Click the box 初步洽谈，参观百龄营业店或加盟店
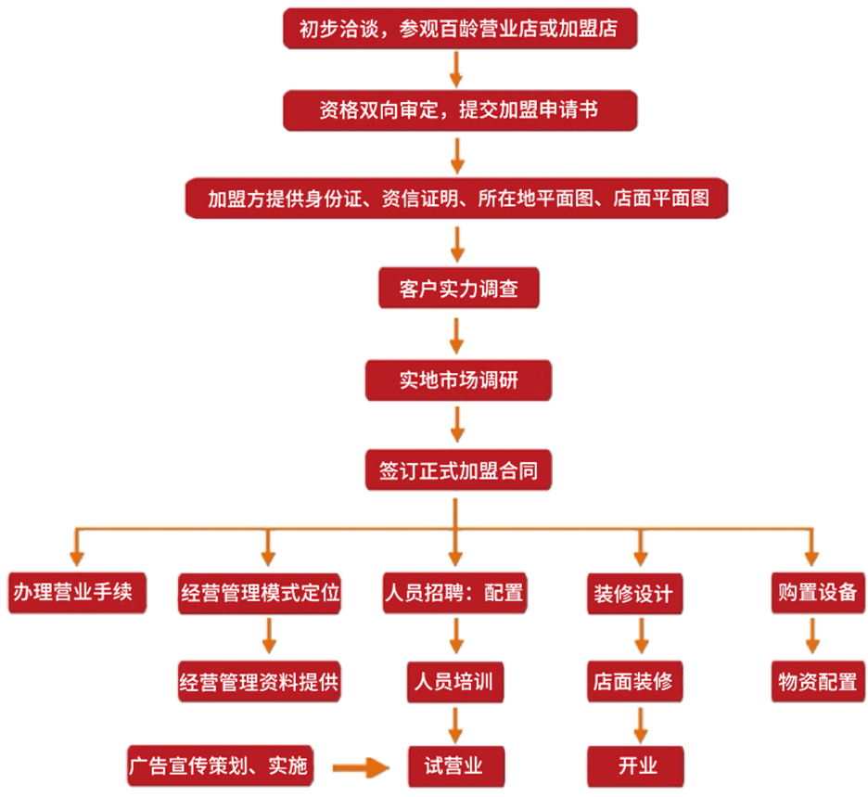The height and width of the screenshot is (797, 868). pyautogui.click(x=460, y=30)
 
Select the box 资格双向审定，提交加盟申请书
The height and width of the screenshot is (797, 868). pyautogui.click(x=460, y=110)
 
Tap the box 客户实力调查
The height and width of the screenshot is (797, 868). pyautogui.click(x=458, y=289)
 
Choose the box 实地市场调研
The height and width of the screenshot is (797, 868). pyautogui.click(x=458, y=380)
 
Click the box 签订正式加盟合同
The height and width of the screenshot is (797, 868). pyautogui.click(x=458, y=471)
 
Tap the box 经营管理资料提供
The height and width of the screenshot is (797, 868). pyautogui.click(x=261, y=683)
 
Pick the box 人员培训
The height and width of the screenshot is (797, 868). pyautogui.click(x=453, y=683)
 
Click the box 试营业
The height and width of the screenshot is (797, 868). pyautogui.click(x=453, y=766)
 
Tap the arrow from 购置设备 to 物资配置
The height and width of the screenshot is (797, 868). pyautogui.click(x=812, y=637)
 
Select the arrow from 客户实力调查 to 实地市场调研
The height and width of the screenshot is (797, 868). pyautogui.click(x=456, y=334)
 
